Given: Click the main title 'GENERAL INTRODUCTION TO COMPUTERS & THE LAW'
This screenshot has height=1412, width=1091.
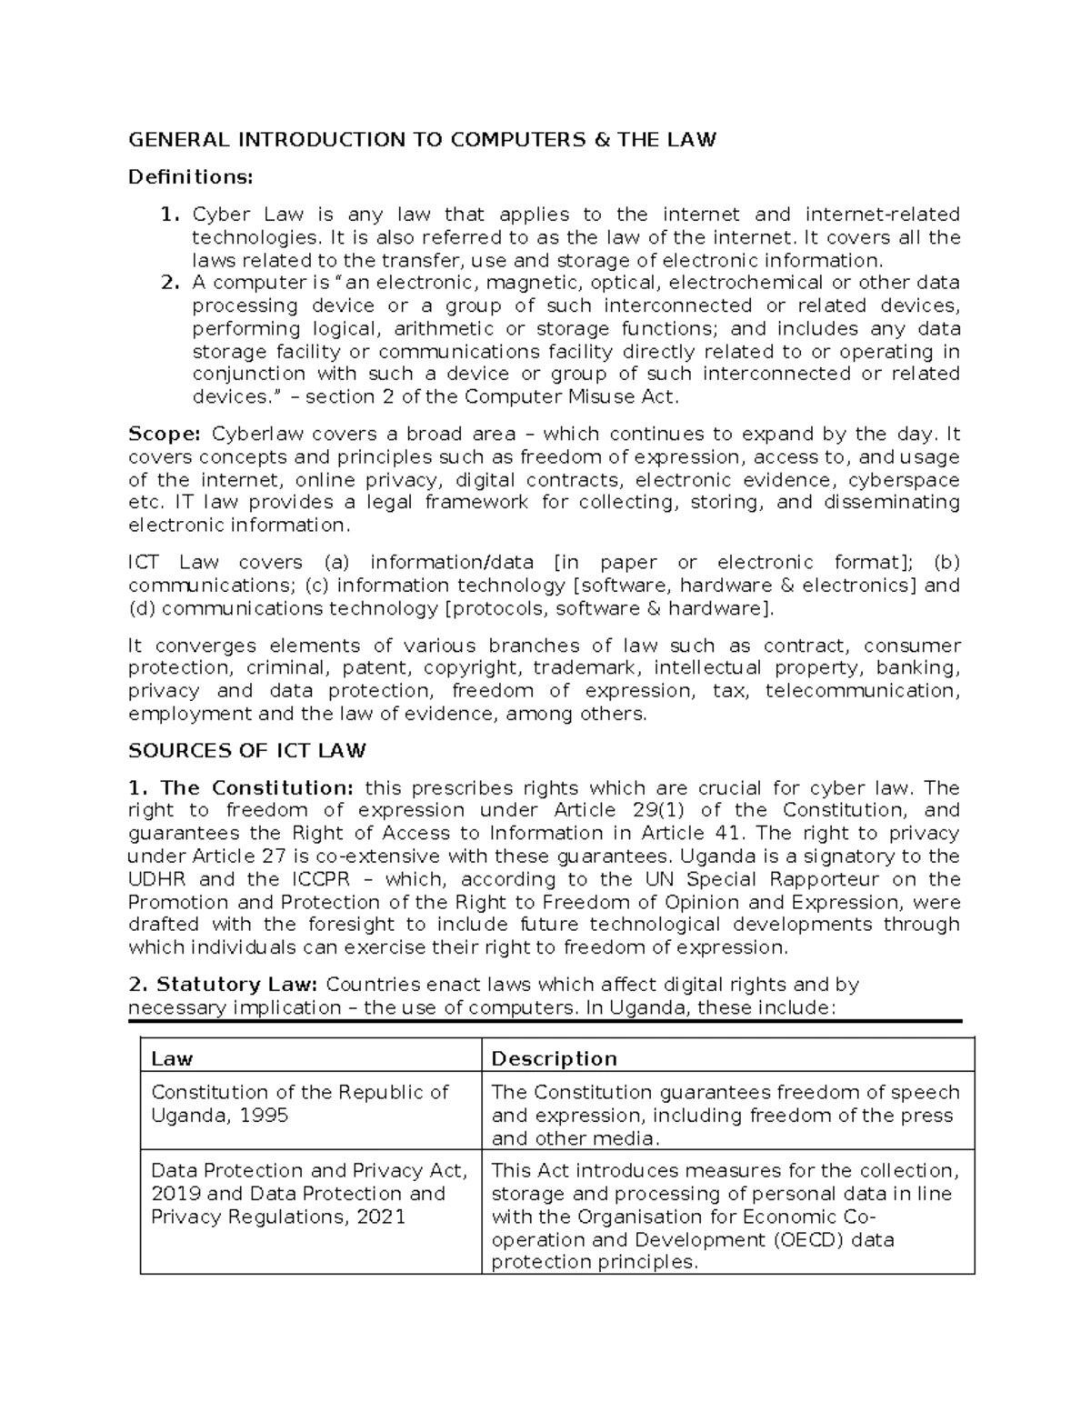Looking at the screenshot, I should click(x=422, y=139).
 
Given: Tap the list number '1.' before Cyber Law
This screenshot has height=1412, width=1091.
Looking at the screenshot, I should click(x=170, y=215).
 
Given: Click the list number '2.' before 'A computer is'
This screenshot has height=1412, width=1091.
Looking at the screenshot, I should click(x=170, y=283).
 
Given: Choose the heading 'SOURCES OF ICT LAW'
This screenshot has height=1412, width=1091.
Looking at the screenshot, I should click(x=247, y=751).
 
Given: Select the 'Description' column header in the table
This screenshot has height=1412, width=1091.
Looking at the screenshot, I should click(x=554, y=1058).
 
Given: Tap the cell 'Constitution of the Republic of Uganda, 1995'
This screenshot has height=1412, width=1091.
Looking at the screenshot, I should click(x=299, y=1104).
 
